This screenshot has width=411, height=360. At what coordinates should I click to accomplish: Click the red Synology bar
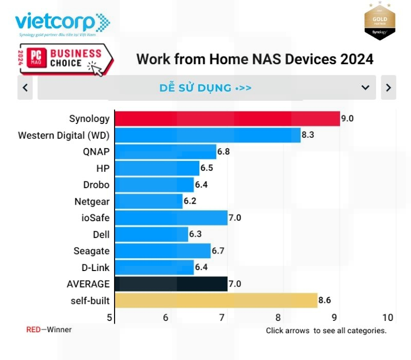click(x=227, y=118)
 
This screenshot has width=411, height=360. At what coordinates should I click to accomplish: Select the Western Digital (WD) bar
click(x=207, y=135)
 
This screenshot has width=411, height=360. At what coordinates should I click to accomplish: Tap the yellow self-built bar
click(x=216, y=300)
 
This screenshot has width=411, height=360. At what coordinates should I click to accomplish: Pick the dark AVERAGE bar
click(x=171, y=283)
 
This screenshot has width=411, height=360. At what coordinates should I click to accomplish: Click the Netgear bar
click(x=148, y=201)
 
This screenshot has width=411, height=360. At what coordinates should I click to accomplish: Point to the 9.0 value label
click(x=347, y=118)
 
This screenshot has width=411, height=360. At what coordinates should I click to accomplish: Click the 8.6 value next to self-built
click(x=325, y=300)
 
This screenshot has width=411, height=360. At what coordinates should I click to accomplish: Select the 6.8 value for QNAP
click(x=224, y=152)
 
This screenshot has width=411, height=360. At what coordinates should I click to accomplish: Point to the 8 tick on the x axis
click(x=278, y=317)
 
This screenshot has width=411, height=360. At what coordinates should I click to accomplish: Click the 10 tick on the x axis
click(x=388, y=317)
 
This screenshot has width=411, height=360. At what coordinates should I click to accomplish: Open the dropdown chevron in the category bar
click(x=365, y=87)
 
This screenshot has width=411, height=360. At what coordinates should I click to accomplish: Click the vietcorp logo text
click(x=55, y=22)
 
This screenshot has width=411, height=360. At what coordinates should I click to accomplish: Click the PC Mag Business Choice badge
click(x=65, y=59)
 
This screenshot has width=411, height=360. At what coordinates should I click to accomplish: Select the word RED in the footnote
click(x=33, y=330)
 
